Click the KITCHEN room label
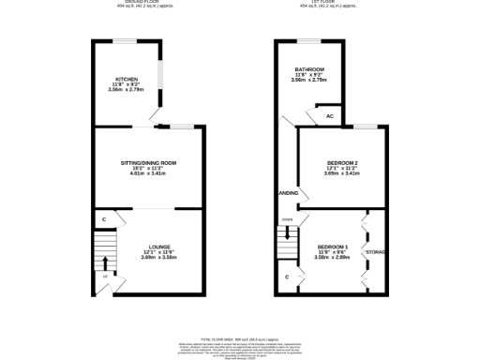tap(128, 79)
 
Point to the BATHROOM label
tap(309, 69)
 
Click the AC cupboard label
tap(330, 116)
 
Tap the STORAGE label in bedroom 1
tap(376, 252)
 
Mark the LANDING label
tap(289, 193)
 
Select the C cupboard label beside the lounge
tap(103, 220)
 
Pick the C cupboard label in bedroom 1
tap(287, 277)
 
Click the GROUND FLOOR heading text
tap(146, 2)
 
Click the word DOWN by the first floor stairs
tap(287, 219)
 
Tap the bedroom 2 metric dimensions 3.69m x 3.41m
tap(342, 173)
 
